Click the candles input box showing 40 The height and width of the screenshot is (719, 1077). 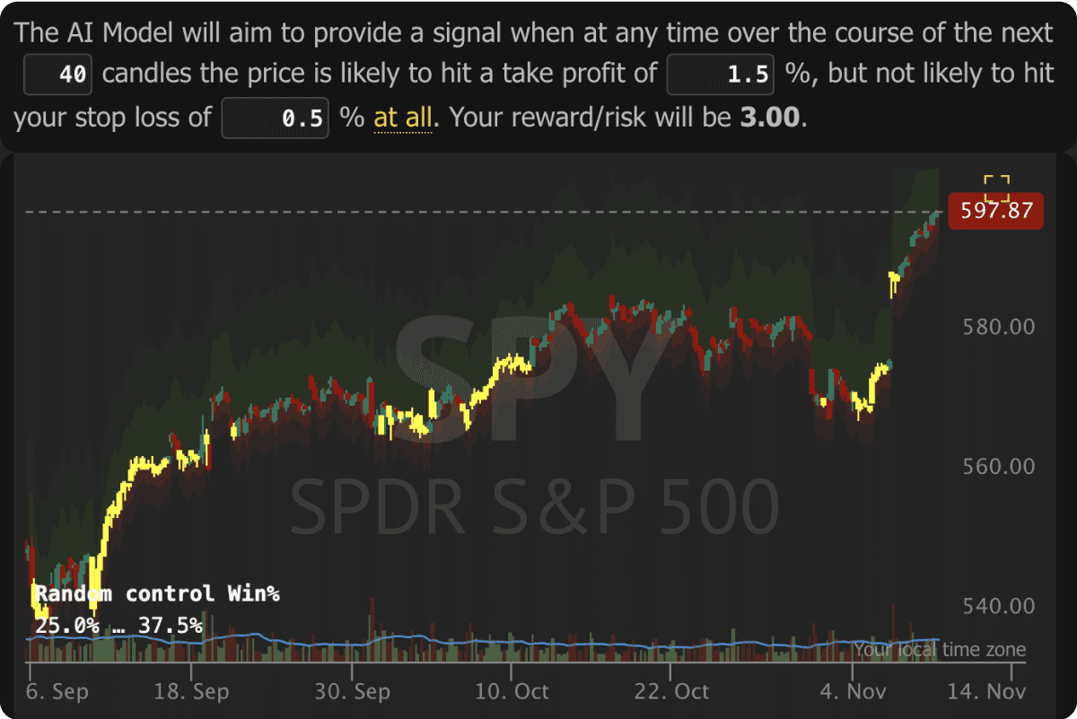(x=58, y=75)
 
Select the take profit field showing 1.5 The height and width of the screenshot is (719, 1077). (x=720, y=75)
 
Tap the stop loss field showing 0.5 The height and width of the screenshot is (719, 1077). (x=276, y=118)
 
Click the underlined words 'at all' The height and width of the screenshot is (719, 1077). (x=403, y=117)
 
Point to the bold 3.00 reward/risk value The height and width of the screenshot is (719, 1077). (x=768, y=117)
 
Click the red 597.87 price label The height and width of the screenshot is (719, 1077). (x=996, y=211)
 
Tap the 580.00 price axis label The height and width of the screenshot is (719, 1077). (x=998, y=327)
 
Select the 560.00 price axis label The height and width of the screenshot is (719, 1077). (x=998, y=466)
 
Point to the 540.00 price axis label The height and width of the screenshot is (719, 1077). (x=998, y=606)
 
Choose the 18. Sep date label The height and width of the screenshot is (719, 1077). (x=192, y=692)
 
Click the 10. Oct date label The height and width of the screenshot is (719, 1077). (x=512, y=692)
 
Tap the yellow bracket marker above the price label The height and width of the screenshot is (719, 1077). (x=996, y=189)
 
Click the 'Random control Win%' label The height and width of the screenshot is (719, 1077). (x=157, y=593)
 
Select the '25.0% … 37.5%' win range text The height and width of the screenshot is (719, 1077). (x=118, y=625)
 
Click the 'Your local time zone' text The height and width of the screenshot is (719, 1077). (x=939, y=650)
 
